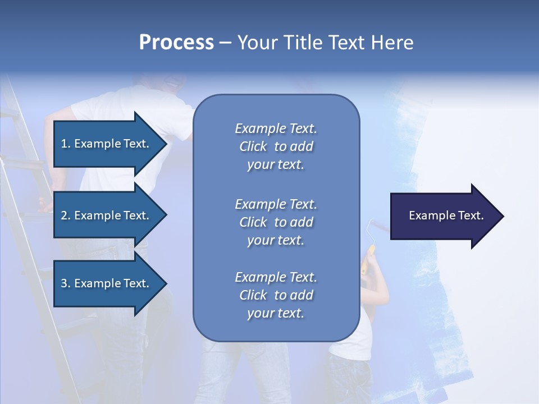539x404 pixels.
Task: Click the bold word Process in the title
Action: (176, 43)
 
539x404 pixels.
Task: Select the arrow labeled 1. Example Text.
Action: (107, 144)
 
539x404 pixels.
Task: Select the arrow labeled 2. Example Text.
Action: (107, 215)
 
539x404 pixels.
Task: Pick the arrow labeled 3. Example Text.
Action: (107, 283)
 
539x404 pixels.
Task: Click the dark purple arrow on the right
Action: (444, 216)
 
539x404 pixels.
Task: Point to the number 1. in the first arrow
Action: (66, 144)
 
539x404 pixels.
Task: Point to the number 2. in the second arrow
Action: (66, 215)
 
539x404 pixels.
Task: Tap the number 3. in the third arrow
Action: (66, 283)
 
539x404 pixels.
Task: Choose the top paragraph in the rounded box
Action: (276, 146)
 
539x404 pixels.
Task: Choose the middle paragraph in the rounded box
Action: (276, 222)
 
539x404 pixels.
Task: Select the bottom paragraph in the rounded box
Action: (276, 295)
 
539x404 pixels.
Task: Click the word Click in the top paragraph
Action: (253, 146)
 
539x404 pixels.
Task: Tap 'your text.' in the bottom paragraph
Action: (276, 313)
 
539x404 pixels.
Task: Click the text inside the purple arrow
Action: (446, 215)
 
